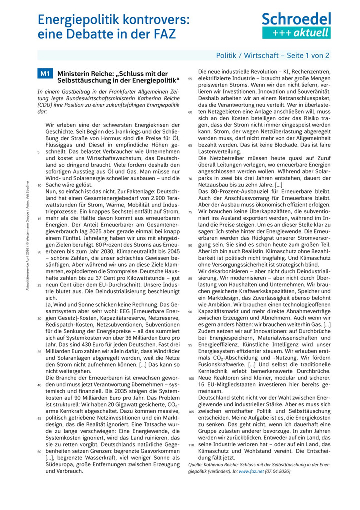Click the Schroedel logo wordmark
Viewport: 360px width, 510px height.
(297, 20)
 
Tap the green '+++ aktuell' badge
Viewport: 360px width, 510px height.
(297, 33)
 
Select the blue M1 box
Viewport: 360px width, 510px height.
(45, 74)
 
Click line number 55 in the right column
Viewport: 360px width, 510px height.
(190, 79)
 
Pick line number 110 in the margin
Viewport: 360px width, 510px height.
(190, 445)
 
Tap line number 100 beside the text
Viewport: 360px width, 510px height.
(190, 378)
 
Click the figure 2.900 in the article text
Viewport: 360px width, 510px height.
(149, 199)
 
